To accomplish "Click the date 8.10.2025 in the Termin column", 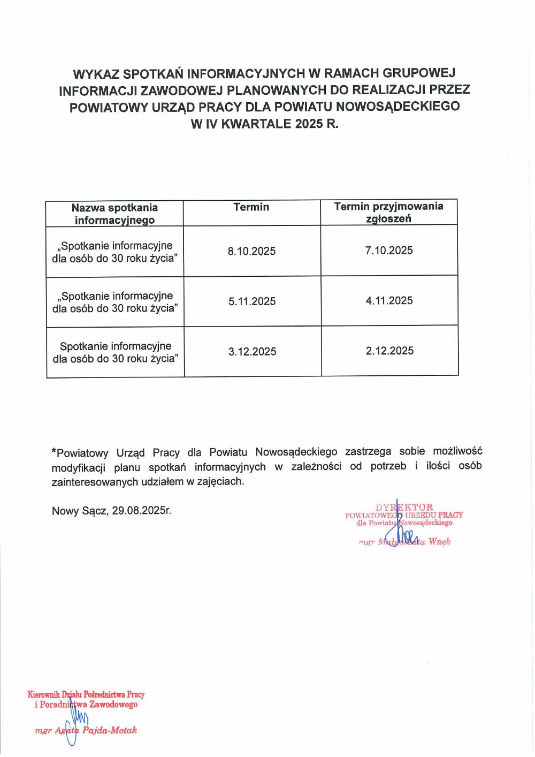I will pyautogui.click(x=251, y=252).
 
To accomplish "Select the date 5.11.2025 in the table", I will pyautogui.click(x=252, y=301).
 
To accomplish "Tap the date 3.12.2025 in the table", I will pyautogui.click(x=253, y=352).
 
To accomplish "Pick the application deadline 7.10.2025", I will pyautogui.click(x=389, y=251).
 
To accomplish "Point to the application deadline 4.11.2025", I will pyautogui.click(x=389, y=300).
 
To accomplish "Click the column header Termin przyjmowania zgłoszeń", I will pyautogui.click(x=389, y=212).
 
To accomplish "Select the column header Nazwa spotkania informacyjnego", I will pyautogui.click(x=114, y=214).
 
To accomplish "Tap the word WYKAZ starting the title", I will pyautogui.click(x=95, y=73).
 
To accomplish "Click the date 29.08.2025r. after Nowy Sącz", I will pyautogui.click(x=142, y=511).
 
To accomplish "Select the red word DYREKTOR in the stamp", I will pyautogui.click(x=404, y=507).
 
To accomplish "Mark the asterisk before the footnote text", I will pyautogui.click(x=53, y=451).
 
